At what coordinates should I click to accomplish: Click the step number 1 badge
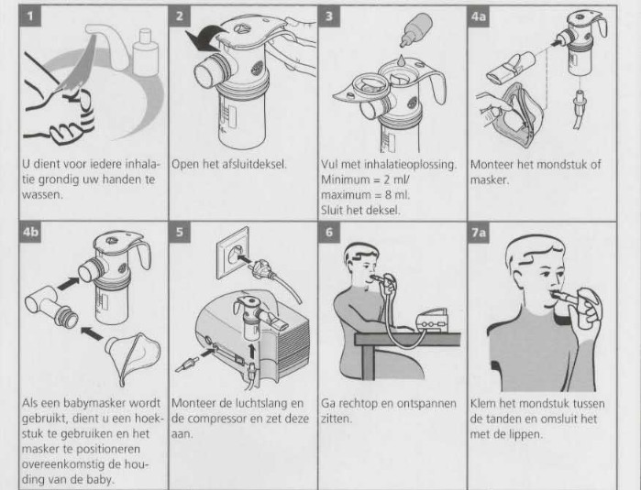coord(30,16)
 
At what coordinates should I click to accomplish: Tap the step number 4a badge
coord(479,16)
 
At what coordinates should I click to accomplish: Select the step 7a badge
coord(479,233)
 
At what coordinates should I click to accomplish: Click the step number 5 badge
coord(180,233)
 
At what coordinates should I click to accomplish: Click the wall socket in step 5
coord(232,254)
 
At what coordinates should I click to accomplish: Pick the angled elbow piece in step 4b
coord(51,305)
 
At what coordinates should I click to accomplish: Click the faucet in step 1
coord(107,45)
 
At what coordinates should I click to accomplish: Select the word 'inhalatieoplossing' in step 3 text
coord(410,165)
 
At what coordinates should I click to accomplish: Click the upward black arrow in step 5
coord(251,352)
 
